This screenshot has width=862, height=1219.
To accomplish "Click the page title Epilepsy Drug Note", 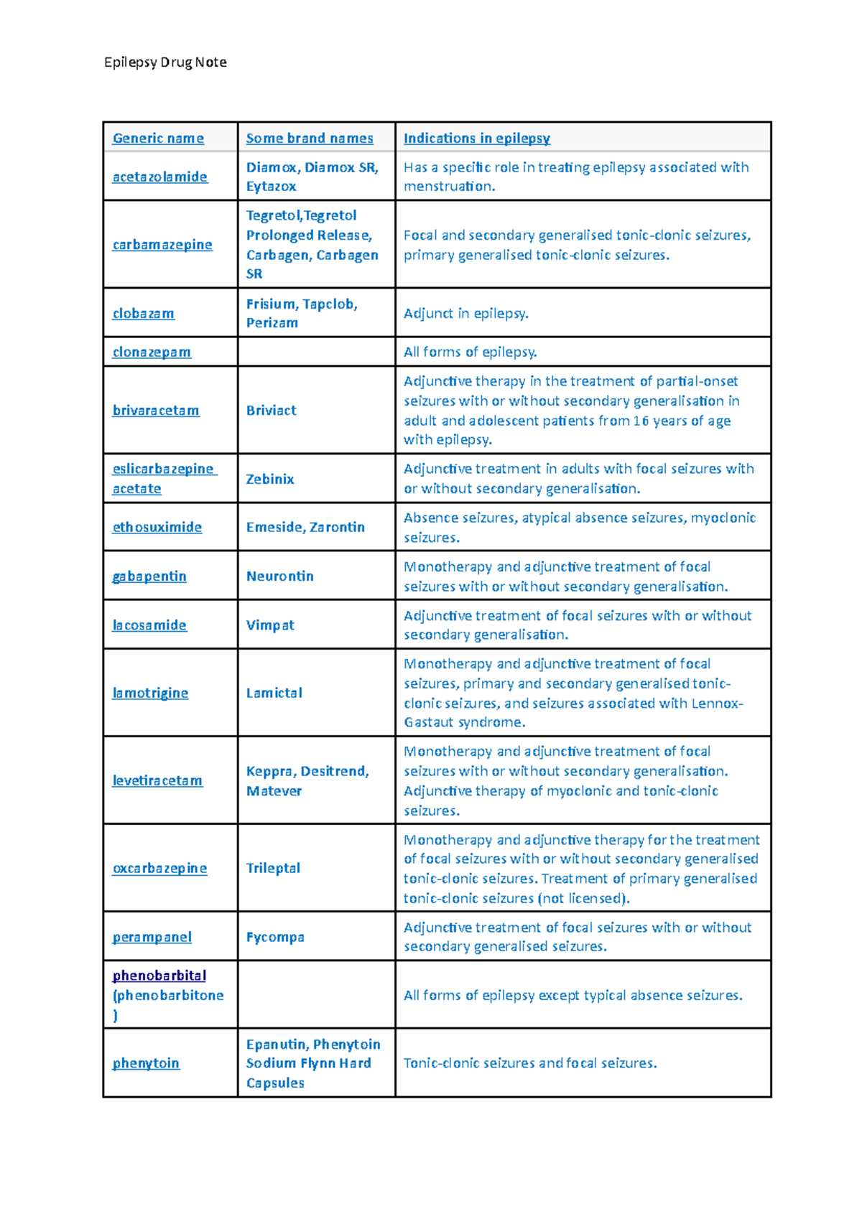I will point(165,62).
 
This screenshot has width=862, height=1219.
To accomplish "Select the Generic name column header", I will point(158,138).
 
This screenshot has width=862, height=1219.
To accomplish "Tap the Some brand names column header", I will point(310,138).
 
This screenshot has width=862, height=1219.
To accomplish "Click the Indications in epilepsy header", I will point(477,138).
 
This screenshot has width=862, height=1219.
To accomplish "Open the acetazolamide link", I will point(159,177).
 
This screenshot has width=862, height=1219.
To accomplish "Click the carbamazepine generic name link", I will point(162,245).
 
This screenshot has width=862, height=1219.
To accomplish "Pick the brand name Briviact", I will point(271,411).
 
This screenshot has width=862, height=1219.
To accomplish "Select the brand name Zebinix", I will point(270,479).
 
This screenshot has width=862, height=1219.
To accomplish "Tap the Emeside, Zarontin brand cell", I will point(305,527).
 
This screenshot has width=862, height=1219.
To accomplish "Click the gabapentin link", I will point(149,576).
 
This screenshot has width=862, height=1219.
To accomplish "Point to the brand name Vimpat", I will point(270,625).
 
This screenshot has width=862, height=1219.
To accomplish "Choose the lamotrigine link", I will point(150,693).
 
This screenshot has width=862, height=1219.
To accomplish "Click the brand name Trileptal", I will point(273,868).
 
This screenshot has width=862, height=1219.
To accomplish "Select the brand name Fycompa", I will point(275,937).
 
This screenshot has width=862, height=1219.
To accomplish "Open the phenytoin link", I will point(146,1063).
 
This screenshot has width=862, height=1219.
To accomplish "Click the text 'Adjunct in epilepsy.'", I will point(466,314).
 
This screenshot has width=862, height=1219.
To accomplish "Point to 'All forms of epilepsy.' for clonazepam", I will point(471,352).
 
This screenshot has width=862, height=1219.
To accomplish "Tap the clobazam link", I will point(143,314).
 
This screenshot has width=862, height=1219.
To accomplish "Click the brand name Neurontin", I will point(279,576).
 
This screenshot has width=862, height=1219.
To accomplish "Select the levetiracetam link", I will point(157,780).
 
